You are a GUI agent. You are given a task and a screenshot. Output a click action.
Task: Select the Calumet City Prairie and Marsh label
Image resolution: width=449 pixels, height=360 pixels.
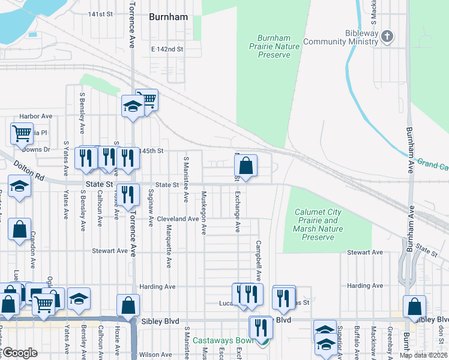click(319, 224)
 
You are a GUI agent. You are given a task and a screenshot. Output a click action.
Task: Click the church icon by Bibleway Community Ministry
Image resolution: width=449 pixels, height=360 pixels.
click(387, 37)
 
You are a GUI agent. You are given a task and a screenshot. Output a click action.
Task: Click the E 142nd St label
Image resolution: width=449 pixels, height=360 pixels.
click(167, 49)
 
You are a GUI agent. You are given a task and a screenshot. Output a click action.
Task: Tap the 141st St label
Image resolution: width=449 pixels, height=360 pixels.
click(100, 14)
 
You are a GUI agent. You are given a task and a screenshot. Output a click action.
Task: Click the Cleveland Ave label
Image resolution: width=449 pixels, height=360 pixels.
click(178, 219)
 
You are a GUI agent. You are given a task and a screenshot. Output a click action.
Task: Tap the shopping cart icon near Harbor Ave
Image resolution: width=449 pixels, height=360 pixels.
click(22, 133)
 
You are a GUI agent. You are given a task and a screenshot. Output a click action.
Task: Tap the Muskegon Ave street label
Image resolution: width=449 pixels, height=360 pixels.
click(204, 212)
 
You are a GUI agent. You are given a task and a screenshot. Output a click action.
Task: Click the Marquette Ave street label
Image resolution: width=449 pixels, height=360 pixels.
click(169, 247)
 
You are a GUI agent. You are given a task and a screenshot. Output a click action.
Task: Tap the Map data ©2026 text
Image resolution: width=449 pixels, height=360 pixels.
click(421, 355)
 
